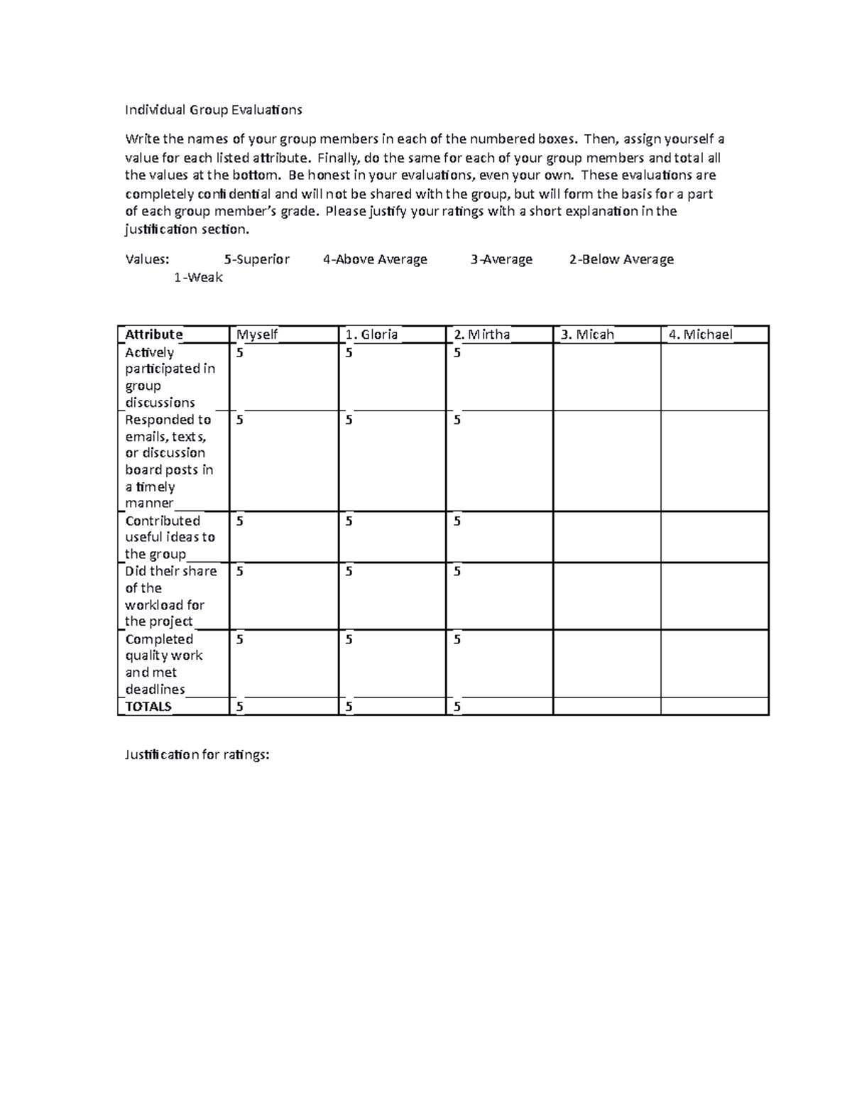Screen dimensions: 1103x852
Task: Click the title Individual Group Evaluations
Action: coord(214,109)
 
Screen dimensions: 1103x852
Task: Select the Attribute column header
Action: coord(154,335)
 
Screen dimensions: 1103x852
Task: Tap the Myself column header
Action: coord(257,335)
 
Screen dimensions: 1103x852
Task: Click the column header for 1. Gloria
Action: coord(371,335)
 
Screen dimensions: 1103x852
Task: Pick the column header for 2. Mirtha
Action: coord(482,335)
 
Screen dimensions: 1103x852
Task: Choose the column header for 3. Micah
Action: coord(587,335)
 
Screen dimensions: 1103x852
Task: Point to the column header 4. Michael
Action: coord(699,335)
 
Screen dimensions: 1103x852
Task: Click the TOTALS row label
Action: coord(148,707)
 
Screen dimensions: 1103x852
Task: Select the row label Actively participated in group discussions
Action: coord(170,377)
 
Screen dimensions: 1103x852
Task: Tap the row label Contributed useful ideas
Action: coord(170,538)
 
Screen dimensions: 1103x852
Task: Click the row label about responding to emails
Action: coord(170,461)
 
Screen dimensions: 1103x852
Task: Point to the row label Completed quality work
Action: coord(164,664)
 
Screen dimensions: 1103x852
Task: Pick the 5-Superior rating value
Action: coord(256,259)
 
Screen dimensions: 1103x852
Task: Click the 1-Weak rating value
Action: coord(198,278)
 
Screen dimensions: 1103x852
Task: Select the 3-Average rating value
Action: coord(501,259)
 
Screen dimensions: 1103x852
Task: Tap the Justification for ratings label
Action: coord(197,755)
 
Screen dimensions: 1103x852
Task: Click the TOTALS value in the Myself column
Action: coord(240,707)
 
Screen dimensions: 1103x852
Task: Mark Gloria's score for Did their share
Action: coord(349,572)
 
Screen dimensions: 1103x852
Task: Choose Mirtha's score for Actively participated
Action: coord(457,353)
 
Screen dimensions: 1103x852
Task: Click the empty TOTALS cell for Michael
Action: coord(714,707)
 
